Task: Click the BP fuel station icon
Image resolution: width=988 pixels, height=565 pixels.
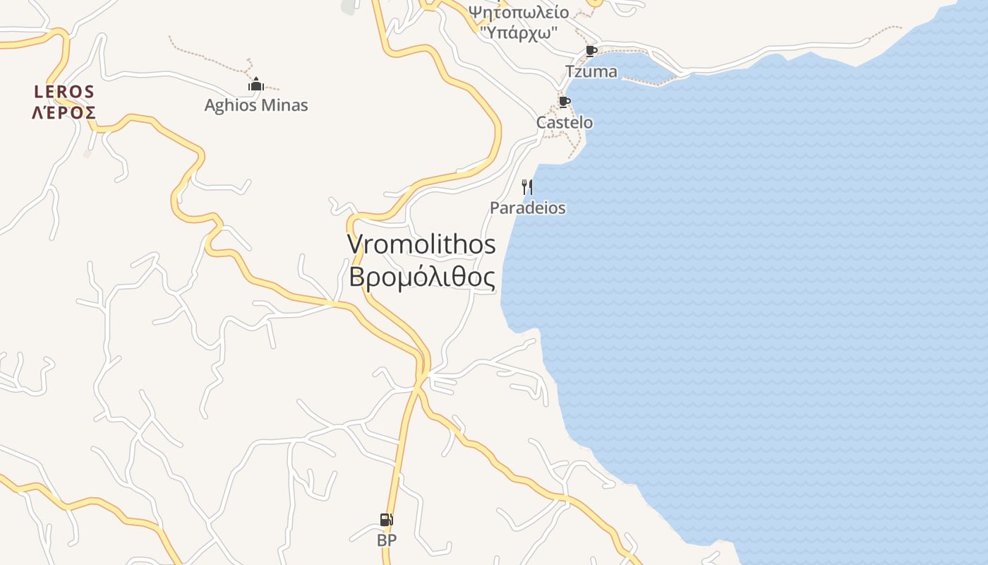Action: point(386,521)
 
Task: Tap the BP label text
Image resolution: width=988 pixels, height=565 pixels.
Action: point(387,540)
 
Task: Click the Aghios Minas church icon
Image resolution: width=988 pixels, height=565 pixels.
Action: point(255,85)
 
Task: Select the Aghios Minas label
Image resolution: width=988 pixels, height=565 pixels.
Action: point(256,105)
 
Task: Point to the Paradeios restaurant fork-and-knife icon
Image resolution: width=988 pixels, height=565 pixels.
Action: point(526,187)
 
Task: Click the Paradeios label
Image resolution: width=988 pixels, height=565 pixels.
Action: point(528,208)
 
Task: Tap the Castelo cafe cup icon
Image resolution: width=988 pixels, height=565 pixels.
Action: point(564,102)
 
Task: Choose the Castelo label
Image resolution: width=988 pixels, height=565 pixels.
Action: point(565,122)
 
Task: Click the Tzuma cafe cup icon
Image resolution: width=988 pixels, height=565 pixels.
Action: point(591,51)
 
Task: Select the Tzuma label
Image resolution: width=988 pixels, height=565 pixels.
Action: point(591,71)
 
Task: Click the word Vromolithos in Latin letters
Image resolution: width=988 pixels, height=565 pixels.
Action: point(421,244)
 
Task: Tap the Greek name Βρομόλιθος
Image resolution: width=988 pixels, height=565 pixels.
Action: point(421,277)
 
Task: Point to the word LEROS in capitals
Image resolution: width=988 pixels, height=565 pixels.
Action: point(64,91)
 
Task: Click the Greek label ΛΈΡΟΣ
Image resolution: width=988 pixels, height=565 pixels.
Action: point(64,112)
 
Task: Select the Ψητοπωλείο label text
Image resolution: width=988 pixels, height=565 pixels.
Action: point(519,12)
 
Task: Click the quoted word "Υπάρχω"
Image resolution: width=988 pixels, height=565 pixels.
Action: point(519,32)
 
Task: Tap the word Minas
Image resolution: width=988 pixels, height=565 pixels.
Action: point(285,105)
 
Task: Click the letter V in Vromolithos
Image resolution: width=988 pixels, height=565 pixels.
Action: point(354,244)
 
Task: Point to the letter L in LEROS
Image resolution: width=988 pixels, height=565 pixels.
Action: point(38,91)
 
